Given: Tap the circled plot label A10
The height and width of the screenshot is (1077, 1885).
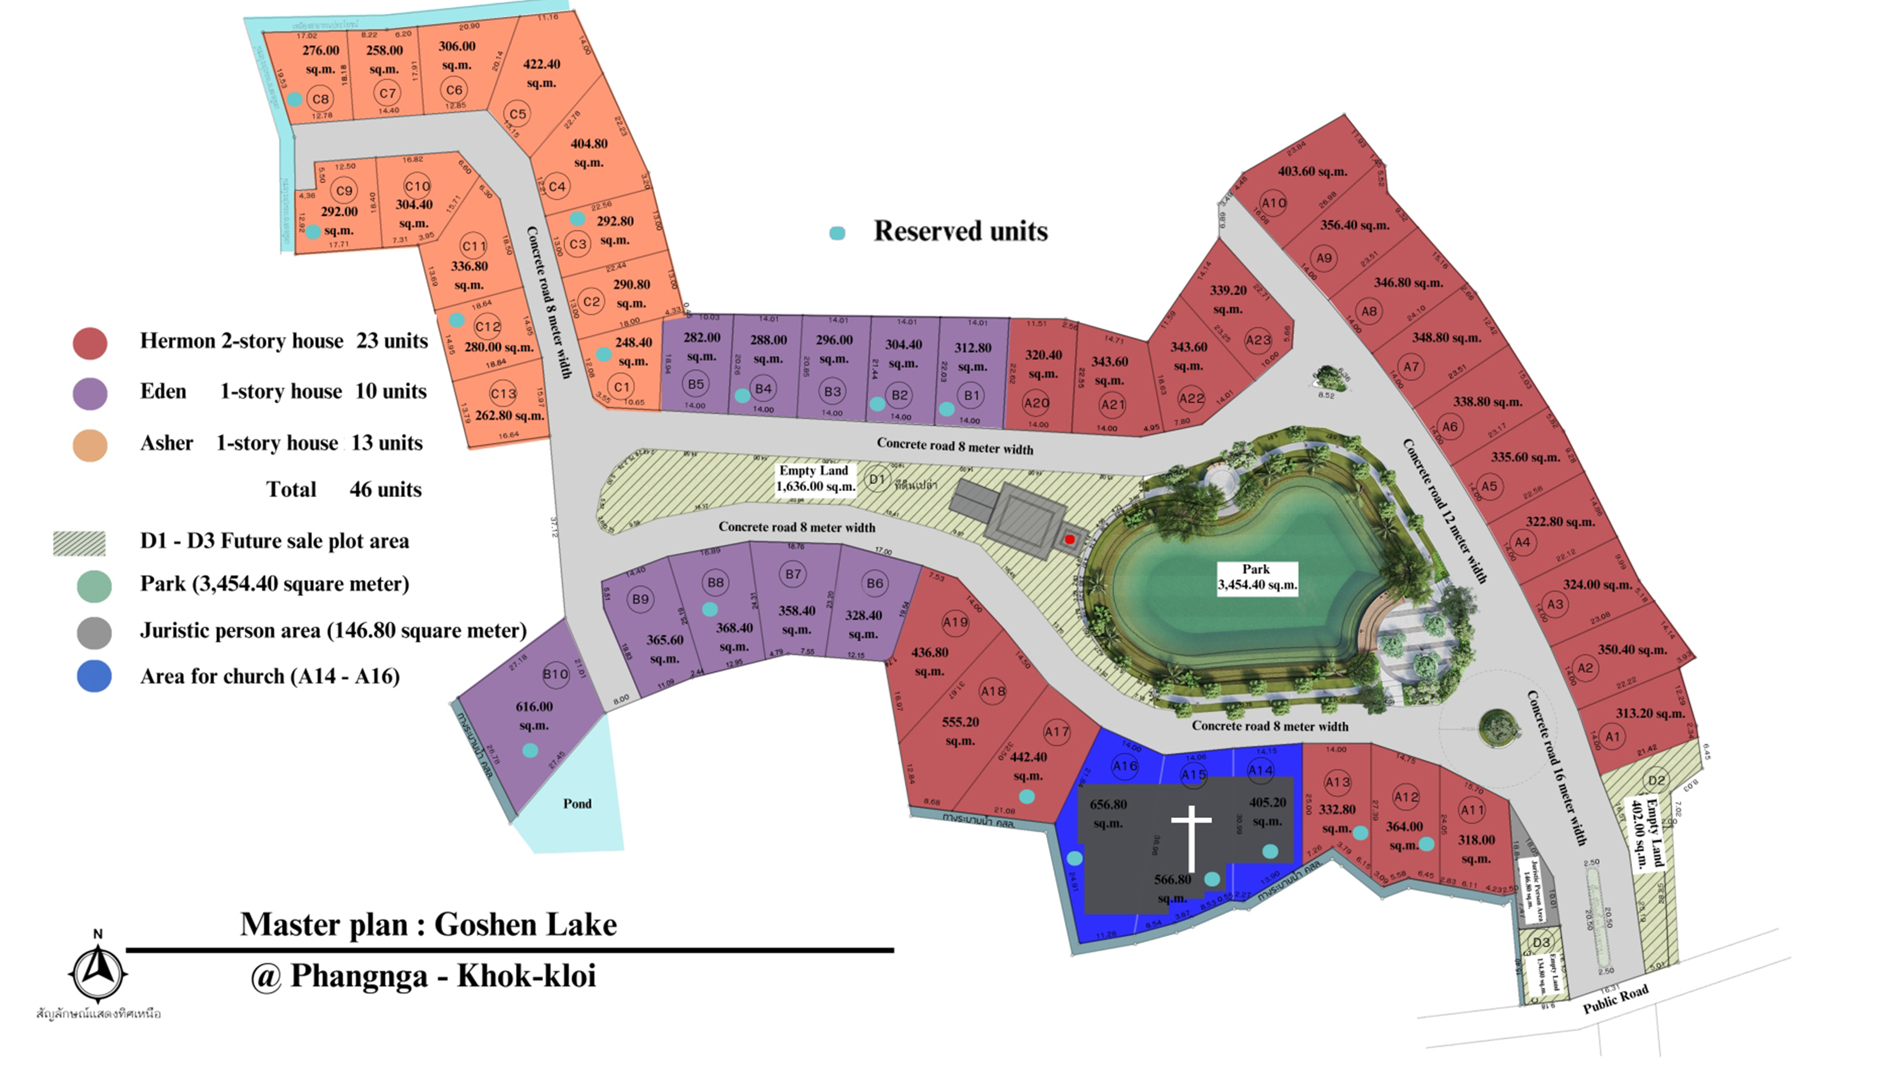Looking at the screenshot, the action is tap(1273, 203).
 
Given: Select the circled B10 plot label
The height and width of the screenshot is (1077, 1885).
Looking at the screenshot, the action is tap(555, 674).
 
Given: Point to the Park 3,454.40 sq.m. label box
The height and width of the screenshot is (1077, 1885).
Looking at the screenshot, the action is tap(1257, 577).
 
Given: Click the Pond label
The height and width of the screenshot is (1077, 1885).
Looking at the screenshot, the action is tap(577, 803).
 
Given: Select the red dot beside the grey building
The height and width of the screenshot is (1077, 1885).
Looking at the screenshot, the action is tap(1069, 539).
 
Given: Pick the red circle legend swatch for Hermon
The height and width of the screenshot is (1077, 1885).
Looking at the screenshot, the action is tap(90, 343).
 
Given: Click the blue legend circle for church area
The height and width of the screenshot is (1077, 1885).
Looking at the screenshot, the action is tap(94, 676).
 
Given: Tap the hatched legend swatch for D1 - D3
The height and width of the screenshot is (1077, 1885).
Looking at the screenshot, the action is tap(79, 543).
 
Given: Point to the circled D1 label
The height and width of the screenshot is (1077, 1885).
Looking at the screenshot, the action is tap(876, 480).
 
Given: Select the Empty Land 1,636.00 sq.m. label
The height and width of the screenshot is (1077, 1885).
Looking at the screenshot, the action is tap(814, 478).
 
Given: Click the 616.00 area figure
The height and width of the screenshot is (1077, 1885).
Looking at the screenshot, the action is tap(534, 706).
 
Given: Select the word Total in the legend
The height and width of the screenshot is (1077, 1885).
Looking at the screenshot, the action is tap(291, 490).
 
